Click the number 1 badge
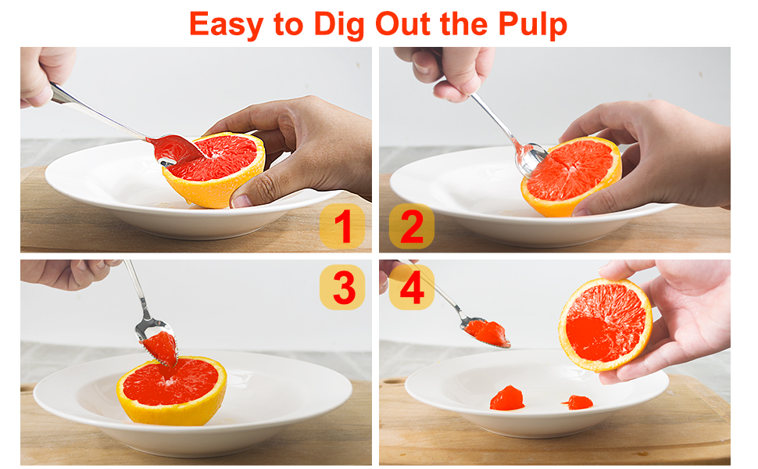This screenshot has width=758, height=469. [x=342, y=226]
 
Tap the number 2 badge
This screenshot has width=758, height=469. [x=411, y=226]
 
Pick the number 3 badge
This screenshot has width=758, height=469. [x=342, y=288]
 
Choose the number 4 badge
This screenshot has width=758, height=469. [x=411, y=288]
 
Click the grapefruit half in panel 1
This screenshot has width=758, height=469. [x=215, y=168]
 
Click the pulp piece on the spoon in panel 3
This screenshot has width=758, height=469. [x=161, y=347]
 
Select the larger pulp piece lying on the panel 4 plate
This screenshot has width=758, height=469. [x=506, y=399]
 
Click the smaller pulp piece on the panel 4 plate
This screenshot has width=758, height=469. [x=578, y=403]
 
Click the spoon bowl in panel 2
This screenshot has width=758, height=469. [x=530, y=159]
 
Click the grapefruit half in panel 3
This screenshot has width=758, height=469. [x=172, y=389]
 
